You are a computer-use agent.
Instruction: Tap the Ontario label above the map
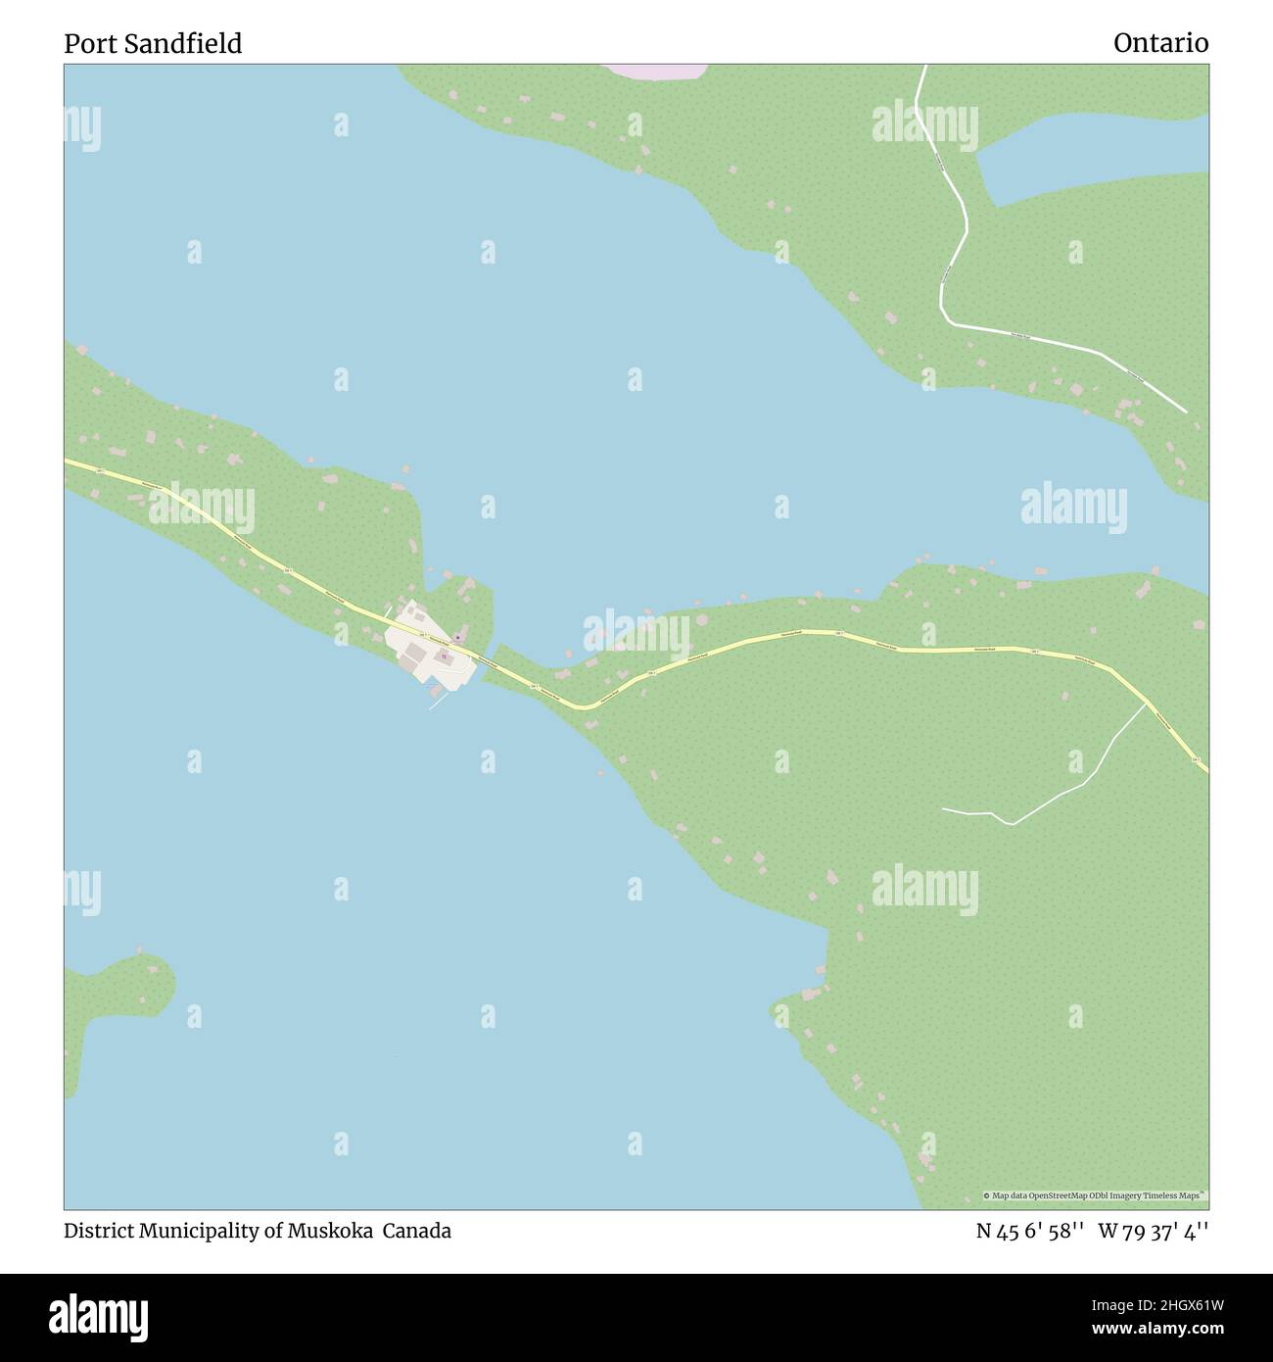1160,43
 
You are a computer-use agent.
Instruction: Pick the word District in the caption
99,1231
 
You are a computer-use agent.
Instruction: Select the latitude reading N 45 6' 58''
1029,1231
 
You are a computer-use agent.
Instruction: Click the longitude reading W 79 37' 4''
1154,1231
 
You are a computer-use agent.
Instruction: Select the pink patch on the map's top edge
654,71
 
